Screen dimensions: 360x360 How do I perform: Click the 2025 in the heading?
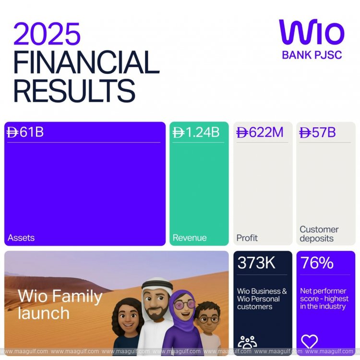coord(47,35)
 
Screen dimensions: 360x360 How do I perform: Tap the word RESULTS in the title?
coord(74,90)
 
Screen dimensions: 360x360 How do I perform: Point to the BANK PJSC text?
coord(312,55)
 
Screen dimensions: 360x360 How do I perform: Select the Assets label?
coord(21,238)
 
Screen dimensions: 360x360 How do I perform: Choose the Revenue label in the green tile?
coord(190,238)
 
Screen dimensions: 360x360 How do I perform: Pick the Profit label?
coord(247,238)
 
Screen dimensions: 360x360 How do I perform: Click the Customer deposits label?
coord(319,234)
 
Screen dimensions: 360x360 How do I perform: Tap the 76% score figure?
coord(317,263)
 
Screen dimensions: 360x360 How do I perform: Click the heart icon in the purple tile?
coord(310,341)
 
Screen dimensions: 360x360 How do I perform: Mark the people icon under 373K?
coord(247,342)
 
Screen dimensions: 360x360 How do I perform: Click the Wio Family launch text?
coord(60,304)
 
